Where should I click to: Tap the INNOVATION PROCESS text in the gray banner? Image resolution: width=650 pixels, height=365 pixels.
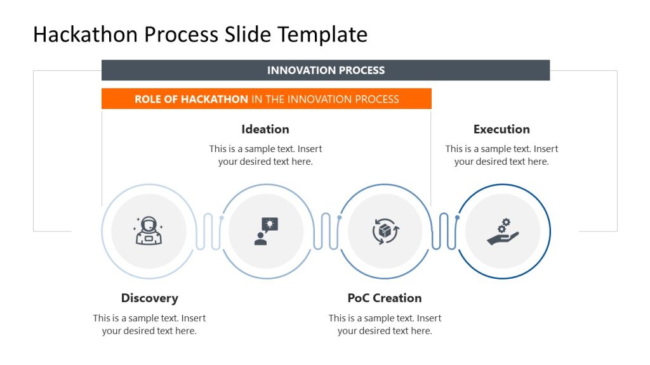click(326, 70)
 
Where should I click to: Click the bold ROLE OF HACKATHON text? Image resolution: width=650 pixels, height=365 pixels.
click(191, 99)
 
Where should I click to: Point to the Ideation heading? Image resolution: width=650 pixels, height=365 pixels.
click(265, 129)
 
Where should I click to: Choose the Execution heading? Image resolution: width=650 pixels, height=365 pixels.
click(501, 129)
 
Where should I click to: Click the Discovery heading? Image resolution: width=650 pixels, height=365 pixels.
click(149, 298)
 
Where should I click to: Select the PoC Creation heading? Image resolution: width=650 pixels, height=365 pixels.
click(384, 298)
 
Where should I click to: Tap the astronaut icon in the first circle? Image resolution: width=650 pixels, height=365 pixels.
click(148, 231)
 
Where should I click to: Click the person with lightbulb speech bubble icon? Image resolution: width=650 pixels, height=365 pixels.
click(266, 231)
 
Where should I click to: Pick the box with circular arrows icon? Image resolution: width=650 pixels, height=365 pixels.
click(385, 231)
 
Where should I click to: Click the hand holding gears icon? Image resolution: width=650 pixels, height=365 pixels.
click(503, 232)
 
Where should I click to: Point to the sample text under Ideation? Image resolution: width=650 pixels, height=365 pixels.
click(265, 155)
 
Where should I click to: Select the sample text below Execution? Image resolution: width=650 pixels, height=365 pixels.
click(501, 155)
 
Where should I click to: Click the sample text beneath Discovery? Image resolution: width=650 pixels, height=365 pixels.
click(149, 324)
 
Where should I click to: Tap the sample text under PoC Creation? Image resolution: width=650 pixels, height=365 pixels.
click(384, 324)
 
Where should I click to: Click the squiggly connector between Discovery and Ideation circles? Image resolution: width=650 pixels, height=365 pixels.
click(208, 231)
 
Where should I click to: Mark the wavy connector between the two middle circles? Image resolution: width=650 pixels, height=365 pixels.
click(326, 231)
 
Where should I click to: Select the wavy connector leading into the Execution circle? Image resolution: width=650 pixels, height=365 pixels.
click(444, 231)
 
